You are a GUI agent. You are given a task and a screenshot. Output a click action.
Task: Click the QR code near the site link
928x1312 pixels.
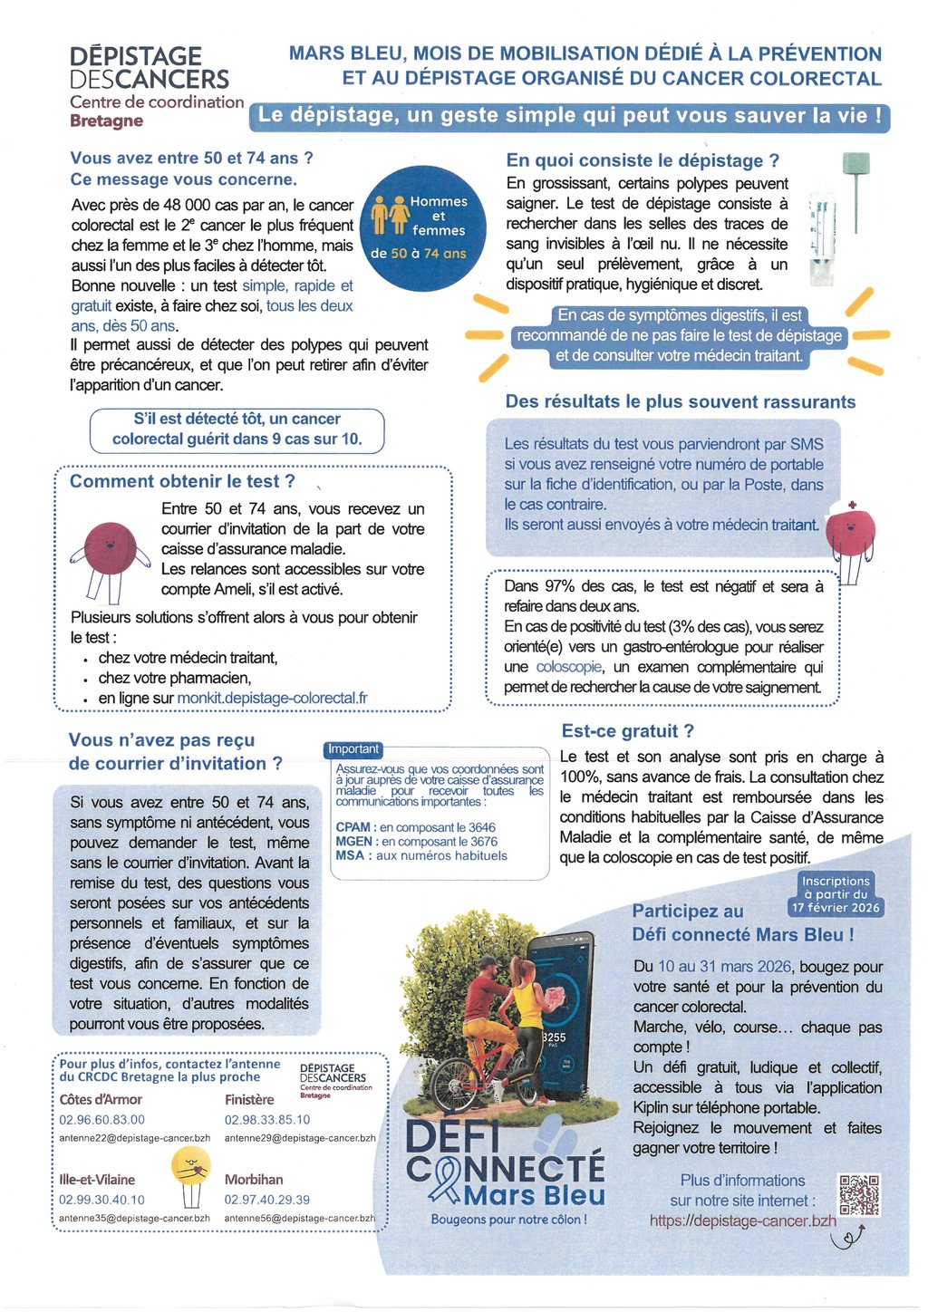pos(858,1195)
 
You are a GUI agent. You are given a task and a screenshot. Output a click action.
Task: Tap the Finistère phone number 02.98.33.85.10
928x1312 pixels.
pos(267,1119)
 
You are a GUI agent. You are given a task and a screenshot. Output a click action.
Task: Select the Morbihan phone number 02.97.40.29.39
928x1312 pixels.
pos(267,1199)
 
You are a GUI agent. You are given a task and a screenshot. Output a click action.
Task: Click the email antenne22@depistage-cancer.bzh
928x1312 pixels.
pos(135,1138)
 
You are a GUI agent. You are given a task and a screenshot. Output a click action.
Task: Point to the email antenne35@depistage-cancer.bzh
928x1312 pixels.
pos(135,1219)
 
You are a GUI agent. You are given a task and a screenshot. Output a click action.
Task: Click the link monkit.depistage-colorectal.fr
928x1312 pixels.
pos(273,698)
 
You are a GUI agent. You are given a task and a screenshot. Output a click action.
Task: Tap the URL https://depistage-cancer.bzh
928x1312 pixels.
pos(743,1220)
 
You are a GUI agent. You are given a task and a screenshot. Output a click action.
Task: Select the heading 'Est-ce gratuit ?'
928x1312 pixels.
pos(628,731)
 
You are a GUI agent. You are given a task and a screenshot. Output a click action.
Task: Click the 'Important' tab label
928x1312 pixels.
pos(353,749)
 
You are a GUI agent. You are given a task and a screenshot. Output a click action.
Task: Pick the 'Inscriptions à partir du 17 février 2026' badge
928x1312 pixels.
pos(836,894)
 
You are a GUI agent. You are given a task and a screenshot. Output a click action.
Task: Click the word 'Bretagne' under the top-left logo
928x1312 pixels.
pos(107,121)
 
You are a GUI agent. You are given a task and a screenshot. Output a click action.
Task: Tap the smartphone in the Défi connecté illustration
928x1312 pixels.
pos(553,1015)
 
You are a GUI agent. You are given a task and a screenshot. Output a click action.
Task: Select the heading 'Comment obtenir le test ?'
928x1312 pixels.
pos(182,481)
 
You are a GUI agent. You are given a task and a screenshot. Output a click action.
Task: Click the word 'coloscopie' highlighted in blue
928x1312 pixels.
pos(569,667)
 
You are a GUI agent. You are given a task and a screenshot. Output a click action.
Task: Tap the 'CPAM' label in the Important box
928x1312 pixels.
pos(353,827)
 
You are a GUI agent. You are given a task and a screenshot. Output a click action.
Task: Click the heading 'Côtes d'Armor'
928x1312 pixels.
pos(101,1099)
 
